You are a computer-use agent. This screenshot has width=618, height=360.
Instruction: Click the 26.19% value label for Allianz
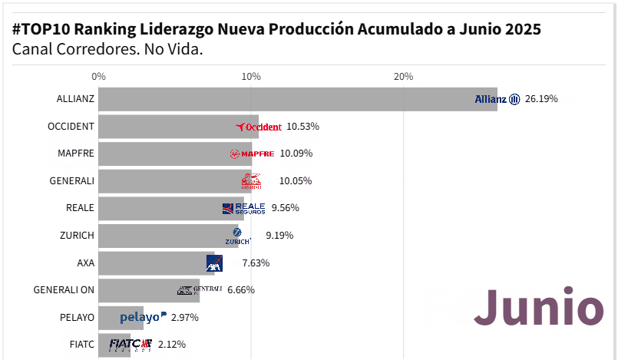[x=541, y=99]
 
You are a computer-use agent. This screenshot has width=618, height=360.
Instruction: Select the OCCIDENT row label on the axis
[x=71, y=126]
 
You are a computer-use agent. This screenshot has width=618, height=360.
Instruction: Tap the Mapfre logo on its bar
[x=252, y=154]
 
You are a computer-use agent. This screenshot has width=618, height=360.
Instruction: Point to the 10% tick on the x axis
[x=251, y=76]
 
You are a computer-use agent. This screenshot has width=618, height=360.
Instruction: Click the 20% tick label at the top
[x=403, y=76]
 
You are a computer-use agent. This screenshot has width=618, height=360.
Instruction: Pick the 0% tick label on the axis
[x=98, y=76]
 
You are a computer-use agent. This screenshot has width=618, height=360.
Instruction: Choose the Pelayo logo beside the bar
[x=143, y=316]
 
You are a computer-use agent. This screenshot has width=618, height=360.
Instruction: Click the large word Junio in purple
[x=538, y=309]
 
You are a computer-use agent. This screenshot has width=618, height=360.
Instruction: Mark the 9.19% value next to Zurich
[x=279, y=235]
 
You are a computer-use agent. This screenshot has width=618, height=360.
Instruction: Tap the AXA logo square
[x=214, y=263]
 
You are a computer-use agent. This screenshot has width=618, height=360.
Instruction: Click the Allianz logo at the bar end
[x=497, y=99]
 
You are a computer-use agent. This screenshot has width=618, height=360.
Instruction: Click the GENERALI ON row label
[x=64, y=289]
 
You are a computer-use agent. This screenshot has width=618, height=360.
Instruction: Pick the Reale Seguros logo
[x=243, y=208]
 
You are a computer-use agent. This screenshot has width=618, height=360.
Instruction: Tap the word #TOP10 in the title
[x=41, y=29]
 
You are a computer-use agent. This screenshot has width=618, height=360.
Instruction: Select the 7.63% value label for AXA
[x=256, y=263]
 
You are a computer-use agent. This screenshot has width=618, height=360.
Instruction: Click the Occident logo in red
[x=259, y=127]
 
